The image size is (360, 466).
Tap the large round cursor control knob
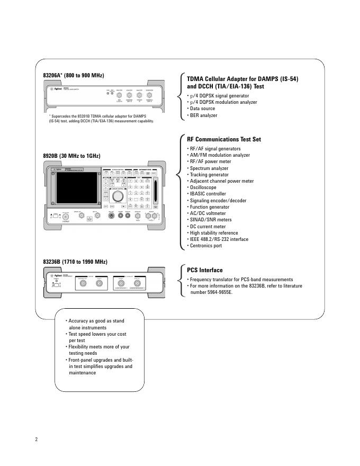pos(119,195)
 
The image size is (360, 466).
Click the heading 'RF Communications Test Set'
pos(224,139)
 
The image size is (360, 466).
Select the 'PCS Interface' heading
pos(205,270)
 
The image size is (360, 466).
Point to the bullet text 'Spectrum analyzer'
pos(209,168)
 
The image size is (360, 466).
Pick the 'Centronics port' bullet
pos(208,246)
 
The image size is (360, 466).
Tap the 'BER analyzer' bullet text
pos(203,115)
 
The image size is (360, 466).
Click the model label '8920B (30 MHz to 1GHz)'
pos(71,156)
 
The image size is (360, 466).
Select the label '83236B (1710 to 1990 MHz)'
pos(75,262)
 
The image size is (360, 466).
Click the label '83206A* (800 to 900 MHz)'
pos(73,76)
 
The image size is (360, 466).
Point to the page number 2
pos(37,439)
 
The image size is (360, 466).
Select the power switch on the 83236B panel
pos(54,285)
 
